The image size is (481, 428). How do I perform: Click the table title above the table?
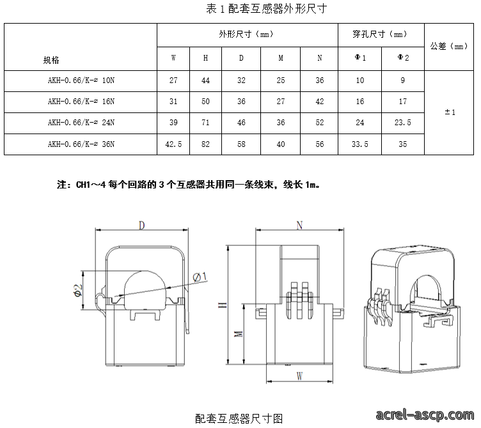point(266,8)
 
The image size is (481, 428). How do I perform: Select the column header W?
point(173,58)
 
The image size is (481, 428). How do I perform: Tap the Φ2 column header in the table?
point(403,57)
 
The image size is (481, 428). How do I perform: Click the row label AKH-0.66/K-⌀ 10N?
point(81,80)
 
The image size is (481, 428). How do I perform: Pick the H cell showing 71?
point(205,123)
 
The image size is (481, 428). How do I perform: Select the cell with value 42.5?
point(173,144)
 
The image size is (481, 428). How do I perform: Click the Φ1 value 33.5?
point(360,144)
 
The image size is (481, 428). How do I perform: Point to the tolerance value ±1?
point(450,112)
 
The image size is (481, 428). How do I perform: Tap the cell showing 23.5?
point(403,123)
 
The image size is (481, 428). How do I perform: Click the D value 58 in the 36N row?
point(241,144)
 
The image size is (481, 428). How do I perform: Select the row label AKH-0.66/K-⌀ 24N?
point(81,123)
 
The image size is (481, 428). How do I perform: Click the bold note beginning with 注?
point(188,185)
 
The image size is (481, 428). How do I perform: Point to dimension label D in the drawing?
point(141,225)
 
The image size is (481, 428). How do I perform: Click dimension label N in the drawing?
point(299,225)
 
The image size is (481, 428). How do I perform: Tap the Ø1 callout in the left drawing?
point(200,277)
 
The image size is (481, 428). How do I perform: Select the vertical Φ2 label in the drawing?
point(78,291)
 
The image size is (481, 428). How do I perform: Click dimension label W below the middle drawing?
point(299,376)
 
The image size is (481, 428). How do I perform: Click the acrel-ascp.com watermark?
point(425,415)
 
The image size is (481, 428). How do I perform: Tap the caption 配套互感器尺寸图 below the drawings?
point(239,418)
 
